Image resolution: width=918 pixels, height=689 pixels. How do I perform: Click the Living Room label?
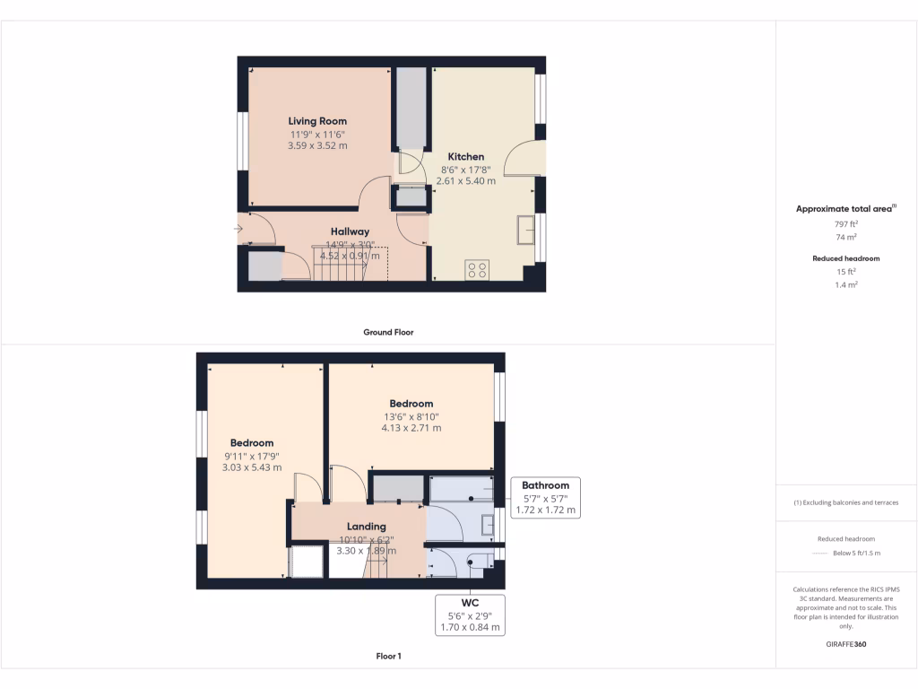(317, 121)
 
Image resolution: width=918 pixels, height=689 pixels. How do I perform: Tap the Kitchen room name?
(465, 157)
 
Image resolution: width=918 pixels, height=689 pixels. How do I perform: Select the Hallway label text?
(350, 231)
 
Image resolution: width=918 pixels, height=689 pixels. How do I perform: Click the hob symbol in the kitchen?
(477, 269)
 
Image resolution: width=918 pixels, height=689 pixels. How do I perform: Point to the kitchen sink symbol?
(525, 231)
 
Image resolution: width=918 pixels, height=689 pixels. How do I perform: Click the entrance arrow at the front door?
(238, 230)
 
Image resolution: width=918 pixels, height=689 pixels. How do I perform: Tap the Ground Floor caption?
(388, 332)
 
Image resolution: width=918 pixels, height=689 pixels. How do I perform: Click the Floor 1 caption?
(388, 657)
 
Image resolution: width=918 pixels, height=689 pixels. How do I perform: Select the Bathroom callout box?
(545, 498)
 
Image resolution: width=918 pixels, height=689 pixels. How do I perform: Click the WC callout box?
(470, 615)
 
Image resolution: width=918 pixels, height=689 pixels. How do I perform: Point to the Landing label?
(367, 527)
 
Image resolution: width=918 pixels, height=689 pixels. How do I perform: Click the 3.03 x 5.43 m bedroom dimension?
(252, 467)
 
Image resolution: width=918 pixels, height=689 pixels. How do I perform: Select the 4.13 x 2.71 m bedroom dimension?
(411, 428)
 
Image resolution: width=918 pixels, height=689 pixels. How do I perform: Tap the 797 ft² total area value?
(846, 224)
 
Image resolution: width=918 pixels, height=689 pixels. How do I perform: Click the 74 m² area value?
(846, 238)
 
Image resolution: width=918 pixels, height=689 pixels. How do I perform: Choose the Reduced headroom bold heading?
(846, 258)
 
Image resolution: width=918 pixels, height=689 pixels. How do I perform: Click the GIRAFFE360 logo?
(846, 644)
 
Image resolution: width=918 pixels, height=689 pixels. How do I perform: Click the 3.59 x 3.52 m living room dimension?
(317, 145)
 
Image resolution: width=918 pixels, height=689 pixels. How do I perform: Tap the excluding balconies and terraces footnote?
(846, 502)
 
